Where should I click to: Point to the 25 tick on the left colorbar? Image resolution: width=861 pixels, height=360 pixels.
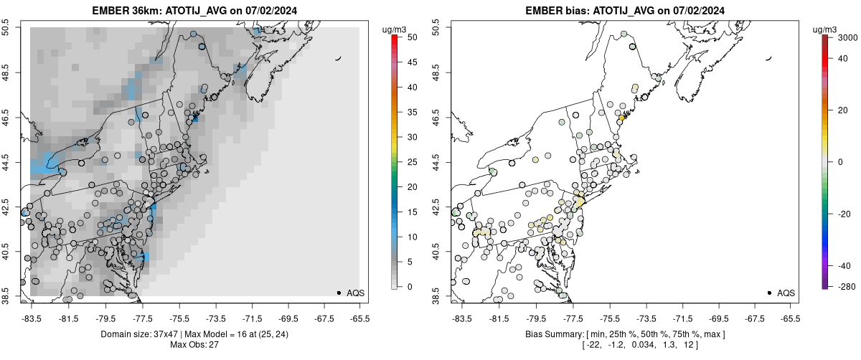tap(411, 162)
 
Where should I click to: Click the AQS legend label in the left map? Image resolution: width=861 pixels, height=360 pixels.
tap(357, 293)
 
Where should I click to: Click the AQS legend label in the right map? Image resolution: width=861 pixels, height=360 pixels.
tap(786, 293)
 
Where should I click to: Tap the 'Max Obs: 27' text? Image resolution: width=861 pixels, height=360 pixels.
tap(194, 345)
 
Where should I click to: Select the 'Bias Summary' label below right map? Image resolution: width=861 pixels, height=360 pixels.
tap(550, 334)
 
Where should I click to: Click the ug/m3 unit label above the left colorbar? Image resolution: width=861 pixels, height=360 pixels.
tap(395, 29)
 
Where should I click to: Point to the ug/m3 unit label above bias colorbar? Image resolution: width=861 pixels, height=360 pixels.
tap(826, 29)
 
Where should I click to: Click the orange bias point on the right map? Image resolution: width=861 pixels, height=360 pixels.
tap(621, 118)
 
